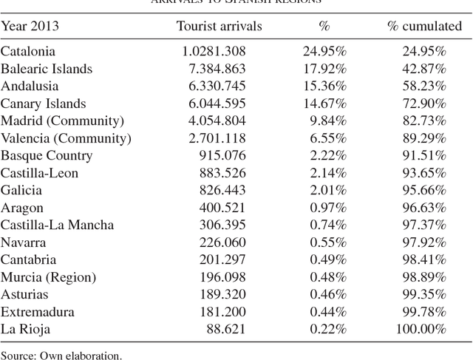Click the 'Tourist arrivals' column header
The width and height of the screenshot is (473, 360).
click(220, 27)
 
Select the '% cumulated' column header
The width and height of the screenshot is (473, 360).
click(424, 27)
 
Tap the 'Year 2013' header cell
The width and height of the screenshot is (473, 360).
click(30, 27)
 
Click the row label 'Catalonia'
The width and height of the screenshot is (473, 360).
click(28, 52)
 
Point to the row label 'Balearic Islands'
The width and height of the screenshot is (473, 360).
click(47, 69)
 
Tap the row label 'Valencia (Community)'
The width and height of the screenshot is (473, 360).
click(66, 138)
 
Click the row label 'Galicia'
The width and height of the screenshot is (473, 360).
click(21, 191)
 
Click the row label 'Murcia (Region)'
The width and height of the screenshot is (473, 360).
click(48, 277)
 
